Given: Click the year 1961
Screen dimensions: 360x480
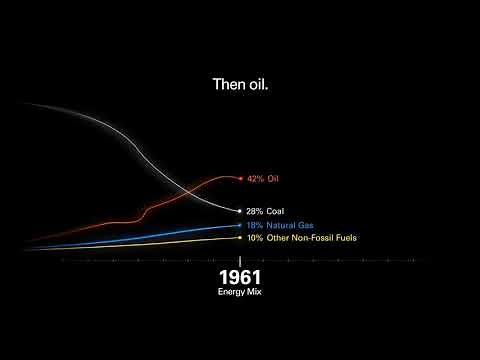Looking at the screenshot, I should coord(239,276).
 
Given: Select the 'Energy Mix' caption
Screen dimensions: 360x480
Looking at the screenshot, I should coord(239,292).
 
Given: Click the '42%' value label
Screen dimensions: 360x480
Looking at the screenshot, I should coord(255,178).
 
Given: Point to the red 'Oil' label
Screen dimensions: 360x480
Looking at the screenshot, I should coord(273,178).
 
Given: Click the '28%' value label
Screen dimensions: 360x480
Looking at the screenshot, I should coord(255,211).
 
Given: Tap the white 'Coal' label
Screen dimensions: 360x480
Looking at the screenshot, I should coord(276,211).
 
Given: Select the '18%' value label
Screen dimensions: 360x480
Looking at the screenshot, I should coord(255,226).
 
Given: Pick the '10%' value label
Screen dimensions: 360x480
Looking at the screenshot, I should coord(255,238).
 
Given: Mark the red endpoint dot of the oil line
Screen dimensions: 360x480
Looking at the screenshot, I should coord(240,178).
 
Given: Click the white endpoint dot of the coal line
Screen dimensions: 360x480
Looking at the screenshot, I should coord(240,211).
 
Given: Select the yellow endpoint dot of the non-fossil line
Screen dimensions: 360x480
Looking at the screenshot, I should coord(240,238).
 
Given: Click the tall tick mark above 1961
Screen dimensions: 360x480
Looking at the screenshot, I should coord(240,258).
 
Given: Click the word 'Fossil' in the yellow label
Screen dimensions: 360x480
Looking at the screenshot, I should coord(322,238).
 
